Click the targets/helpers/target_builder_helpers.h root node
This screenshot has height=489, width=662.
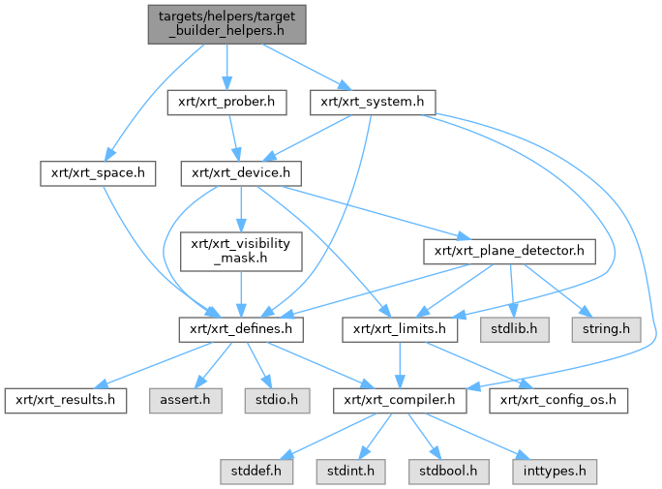pyautogui.click(x=226, y=23)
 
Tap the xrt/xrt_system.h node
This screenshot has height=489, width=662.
pyautogui.click(x=373, y=101)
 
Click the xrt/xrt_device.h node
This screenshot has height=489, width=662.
pyautogui.click(x=241, y=174)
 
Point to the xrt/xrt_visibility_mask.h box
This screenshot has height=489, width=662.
pyautogui.click(x=241, y=251)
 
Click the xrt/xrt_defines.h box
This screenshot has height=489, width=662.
pyautogui.click(x=241, y=329)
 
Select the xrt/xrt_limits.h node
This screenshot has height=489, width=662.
pyautogui.click(x=400, y=329)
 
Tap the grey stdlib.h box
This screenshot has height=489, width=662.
pyautogui.click(x=513, y=329)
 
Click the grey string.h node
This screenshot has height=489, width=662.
pyautogui.click(x=605, y=329)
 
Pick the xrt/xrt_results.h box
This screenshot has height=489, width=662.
pyautogui.click(x=66, y=399)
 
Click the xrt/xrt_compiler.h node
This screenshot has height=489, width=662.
pyautogui.click(x=400, y=399)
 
